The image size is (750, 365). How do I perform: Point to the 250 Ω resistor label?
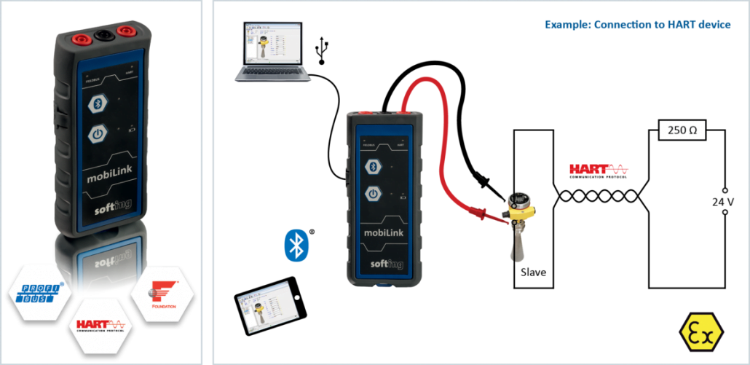coord(682,130)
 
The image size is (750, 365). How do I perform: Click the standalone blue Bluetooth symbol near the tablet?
coord(296,245)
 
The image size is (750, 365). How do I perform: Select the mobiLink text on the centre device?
coord(384,232)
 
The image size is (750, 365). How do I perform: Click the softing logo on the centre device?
coord(387,264)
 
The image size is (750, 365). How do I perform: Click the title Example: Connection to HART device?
coord(637,25)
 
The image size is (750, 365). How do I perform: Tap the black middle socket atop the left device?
coord(102,34)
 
